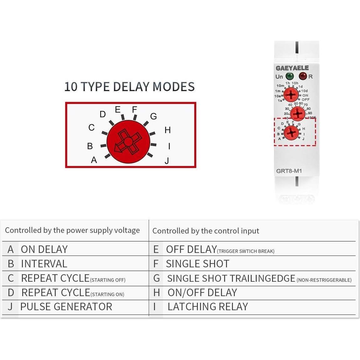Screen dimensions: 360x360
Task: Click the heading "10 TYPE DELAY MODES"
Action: [x=129, y=87]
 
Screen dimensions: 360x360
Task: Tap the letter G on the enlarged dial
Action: [x=153, y=116]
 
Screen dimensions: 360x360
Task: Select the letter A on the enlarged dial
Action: [x=94, y=160]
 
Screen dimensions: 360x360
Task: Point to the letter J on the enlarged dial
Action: [x=167, y=161]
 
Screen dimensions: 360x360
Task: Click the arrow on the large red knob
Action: [x=118, y=148]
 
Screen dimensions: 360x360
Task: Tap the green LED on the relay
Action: [x=290, y=76]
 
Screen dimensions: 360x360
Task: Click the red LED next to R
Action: [x=302, y=76]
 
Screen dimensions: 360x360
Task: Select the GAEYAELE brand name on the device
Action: [x=292, y=68]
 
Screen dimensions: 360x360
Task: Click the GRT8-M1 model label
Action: [x=289, y=171]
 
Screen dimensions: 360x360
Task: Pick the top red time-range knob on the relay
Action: [x=291, y=94]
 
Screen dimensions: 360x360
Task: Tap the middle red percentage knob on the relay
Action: [x=298, y=113]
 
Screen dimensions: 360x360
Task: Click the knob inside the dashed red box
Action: [x=291, y=133]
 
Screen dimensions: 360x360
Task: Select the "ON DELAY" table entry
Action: [x=44, y=249]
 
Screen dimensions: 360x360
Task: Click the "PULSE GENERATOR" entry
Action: [x=66, y=307]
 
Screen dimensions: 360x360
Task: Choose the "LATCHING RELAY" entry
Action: [x=208, y=307]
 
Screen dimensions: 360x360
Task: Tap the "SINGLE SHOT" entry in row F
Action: [x=198, y=264]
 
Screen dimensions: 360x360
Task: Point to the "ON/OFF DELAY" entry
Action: [x=202, y=293]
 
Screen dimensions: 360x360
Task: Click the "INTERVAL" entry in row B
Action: [x=44, y=264]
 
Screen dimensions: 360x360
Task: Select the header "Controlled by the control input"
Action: [x=206, y=231]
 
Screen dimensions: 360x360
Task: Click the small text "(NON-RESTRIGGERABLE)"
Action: [x=324, y=280]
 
